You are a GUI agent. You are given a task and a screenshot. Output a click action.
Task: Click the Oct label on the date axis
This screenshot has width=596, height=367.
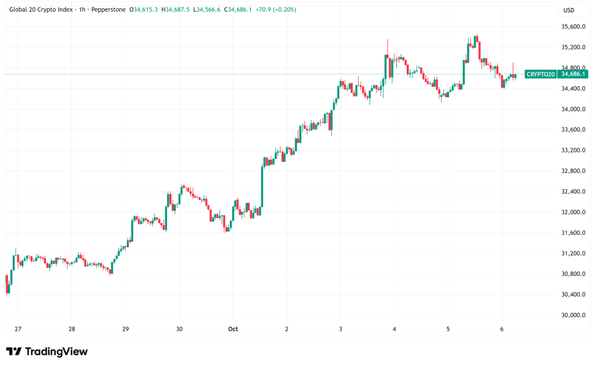click(233, 329)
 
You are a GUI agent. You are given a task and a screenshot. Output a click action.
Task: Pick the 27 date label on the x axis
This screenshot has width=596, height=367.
click(18, 329)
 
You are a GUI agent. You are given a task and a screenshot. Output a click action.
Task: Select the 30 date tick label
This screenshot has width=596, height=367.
click(179, 329)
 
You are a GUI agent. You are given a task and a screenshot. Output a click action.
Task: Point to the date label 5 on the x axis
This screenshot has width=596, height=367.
click(448, 329)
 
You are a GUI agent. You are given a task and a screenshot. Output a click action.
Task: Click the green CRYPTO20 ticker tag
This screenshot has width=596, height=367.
click(541, 74)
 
